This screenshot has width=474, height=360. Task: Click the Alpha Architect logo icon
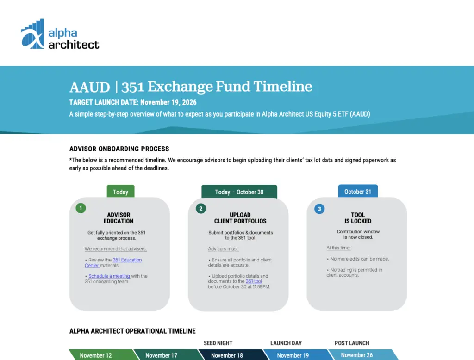[x=32, y=34]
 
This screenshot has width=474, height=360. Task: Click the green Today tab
[x=121, y=191]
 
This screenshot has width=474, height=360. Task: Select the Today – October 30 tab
[x=239, y=191]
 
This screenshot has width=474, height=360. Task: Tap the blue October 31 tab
[x=358, y=191]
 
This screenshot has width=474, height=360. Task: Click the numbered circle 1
[x=81, y=208]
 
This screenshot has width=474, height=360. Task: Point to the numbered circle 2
[x=201, y=208]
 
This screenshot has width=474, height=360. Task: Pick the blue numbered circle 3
[x=319, y=209]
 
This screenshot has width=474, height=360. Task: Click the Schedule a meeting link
[x=109, y=276]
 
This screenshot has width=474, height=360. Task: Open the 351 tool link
[x=254, y=281]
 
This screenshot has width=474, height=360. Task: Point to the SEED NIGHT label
[x=218, y=343]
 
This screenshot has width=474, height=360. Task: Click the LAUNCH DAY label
[x=286, y=343]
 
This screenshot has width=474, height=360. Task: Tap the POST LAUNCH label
[x=352, y=343]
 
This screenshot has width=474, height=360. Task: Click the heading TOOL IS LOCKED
[x=358, y=218]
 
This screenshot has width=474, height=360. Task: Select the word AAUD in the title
[x=89, y=87]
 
